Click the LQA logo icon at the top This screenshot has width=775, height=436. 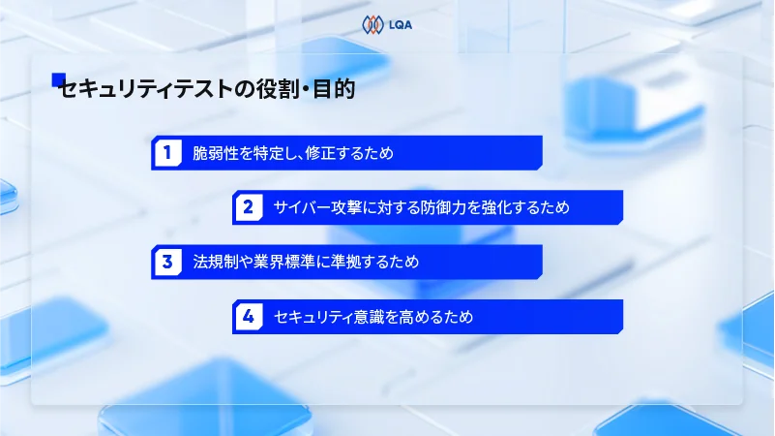click(x=372, y=24)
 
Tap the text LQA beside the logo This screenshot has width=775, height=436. click(x=399, y=24)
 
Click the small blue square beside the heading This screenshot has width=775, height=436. click(x=57, y=79)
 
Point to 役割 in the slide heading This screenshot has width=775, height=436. click(x=270, y=91)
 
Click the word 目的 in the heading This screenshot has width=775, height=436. click(x=335, y=91)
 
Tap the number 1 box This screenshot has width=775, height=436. click(x=167, y=152)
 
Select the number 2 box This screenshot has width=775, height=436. click(x=249, y=207)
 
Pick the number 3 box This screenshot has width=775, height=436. click(x=167, y=262)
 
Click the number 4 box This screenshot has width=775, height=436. click(x=249, y=317)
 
